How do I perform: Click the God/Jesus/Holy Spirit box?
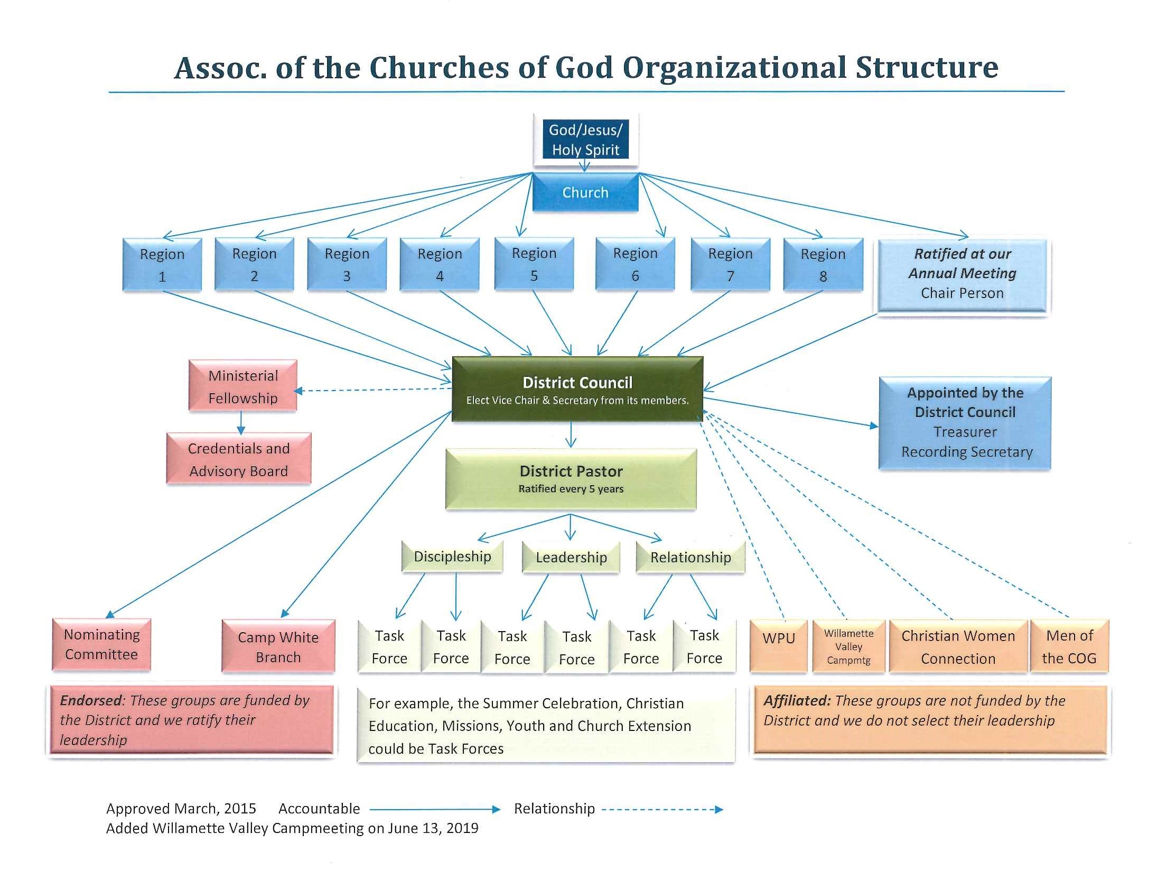tap(585, 140)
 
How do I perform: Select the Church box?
tap(585, 192)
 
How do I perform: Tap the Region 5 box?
tap(534, 265)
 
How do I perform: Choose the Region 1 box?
tap(162, 265)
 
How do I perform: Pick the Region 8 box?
tap(823, 265)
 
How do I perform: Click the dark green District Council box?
tap(577, 390)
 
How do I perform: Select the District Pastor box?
tap(571, 478)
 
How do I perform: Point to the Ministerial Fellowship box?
tap(242, 386)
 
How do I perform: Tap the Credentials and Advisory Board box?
tap(238, 459)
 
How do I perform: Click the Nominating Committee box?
tap(101, 644)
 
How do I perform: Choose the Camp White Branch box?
tap(278, 646)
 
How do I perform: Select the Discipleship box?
tap(452, 557)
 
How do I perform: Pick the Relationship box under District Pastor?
tap(691, 557)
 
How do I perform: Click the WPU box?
tap(778, 645)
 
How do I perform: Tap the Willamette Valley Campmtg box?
tap(848, 646)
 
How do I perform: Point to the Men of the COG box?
tap(1069, 646)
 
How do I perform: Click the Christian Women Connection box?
tap(958, 646)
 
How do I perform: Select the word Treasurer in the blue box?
tap(965, 432)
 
